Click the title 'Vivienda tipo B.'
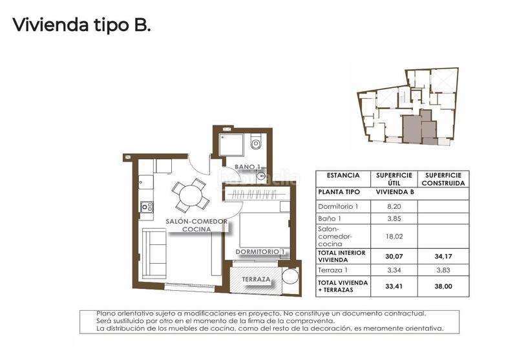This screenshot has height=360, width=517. click(81, 25)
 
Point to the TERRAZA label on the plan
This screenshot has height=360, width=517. click(257, 279)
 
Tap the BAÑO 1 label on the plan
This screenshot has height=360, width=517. click(248, 167)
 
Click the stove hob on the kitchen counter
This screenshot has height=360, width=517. click(147, 207)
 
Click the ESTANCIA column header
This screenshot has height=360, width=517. click(343, 175)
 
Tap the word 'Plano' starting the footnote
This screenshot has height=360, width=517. click(107, 313)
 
